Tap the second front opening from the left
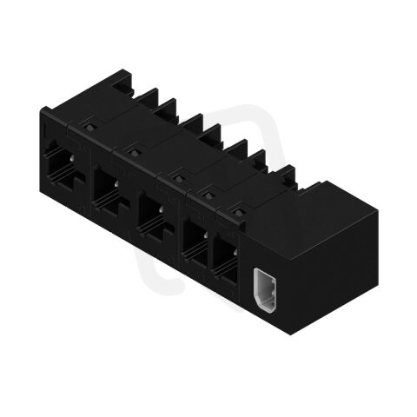[x=108, y=190]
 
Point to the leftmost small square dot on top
[x=89, y=127]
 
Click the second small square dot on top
[x=133, y=153]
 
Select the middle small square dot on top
[x=176, y=179]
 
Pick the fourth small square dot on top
[x=208, y=195]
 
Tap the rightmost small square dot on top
[x=237, y=211]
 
